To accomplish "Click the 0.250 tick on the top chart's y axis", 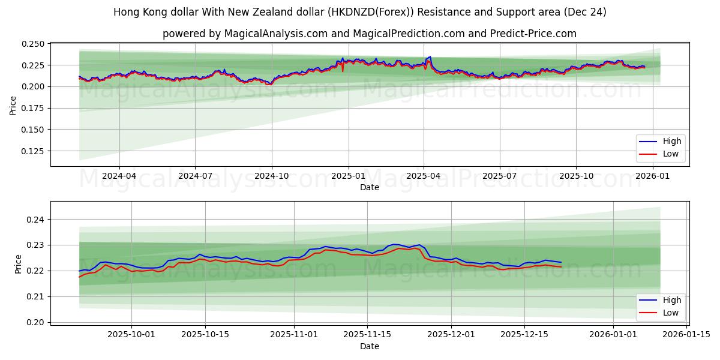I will (34, 44).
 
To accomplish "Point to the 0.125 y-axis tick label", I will (34, 151).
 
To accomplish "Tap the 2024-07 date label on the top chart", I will (195, 176).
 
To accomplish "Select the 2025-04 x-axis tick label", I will (424, 176).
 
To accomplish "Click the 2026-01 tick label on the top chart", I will (652, 176).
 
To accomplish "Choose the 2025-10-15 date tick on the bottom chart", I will (205, 334).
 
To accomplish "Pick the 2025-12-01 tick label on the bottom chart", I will (451, 334).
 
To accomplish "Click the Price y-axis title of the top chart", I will (13, 105).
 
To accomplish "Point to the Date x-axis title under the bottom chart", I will (369, 346).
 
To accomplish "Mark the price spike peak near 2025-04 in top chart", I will (430, 57).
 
